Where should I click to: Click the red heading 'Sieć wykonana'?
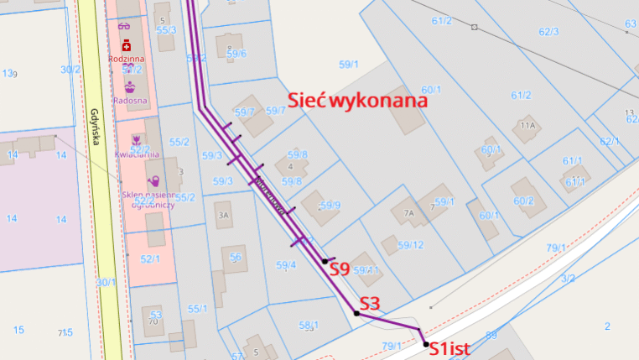click(358, 100)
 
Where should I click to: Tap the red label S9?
click(338, 269)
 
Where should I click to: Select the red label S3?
click(371, 303)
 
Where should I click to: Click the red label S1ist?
click(452, 348)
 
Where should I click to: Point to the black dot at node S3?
click(356, 313)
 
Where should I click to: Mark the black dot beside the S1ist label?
click(426, 344)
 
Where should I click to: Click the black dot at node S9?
click(325, 261)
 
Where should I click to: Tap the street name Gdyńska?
click(96, 127)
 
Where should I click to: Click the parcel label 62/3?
click(548, 32)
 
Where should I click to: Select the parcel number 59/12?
click(410, 245)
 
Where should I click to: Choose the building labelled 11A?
click(527, 126)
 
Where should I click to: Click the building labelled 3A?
click(223, 215)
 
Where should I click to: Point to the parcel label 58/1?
click(308, 325)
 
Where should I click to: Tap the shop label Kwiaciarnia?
click(140, 154)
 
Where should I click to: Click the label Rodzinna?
click(127, 60)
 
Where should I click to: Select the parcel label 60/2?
click(524, 201)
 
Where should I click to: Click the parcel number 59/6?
click(236, 54)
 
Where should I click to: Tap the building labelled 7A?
click(409, 213)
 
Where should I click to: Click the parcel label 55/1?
click(197, 309)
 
